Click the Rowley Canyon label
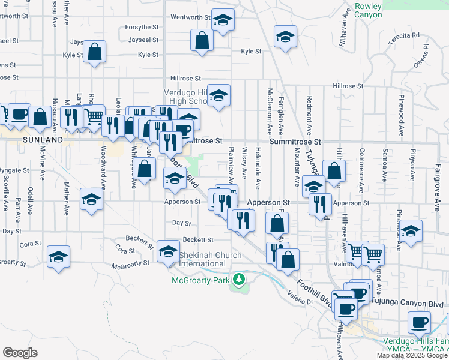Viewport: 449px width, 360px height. click(368, 10)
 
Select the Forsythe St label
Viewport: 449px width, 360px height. click(142, 28)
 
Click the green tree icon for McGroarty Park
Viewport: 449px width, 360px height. click(239, 279)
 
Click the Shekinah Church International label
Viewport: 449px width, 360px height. click(210, 259)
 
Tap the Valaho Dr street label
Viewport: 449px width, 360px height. click(301, 302)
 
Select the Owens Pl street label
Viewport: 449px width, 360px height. click(421, 55)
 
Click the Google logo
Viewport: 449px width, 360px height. click(20, 352)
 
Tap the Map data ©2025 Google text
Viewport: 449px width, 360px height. click(412, 355)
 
